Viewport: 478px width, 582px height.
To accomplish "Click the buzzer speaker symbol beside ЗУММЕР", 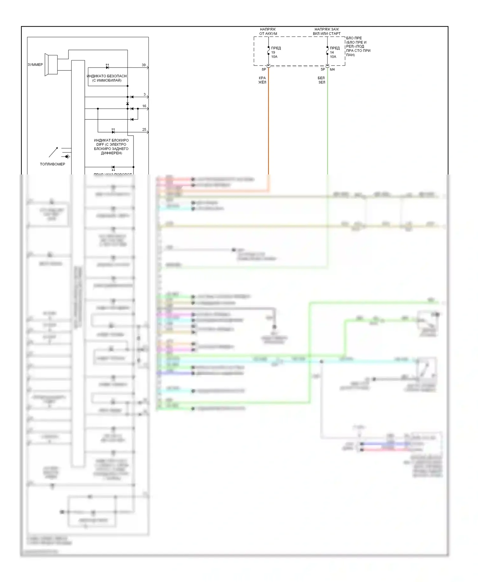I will tap(51, 65).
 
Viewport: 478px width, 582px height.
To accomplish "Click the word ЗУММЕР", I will tap(35, 65).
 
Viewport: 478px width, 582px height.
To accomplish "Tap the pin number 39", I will tap(144, 65).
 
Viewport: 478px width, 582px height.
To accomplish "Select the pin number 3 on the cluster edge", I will tap(144, 95).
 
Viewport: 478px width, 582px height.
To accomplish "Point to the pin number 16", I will tap(144, 106).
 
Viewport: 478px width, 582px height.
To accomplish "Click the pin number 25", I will tap(144, 130).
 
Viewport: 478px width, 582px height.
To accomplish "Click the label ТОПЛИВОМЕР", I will tap(53, 164).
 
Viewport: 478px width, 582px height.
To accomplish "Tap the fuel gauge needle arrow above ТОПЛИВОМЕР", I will tap(53, 152).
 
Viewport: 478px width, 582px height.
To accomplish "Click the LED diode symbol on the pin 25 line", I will tap(113, 131).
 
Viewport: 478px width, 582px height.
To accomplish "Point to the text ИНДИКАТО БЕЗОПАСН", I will tap(107, 76).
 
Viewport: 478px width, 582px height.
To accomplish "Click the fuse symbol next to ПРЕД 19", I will tap(268, 51).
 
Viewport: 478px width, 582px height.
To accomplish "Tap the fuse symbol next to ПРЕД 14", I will tap(327, 51).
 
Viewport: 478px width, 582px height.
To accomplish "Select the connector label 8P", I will tap(264, 69).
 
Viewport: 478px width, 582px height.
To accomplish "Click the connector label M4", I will tap(332, 69).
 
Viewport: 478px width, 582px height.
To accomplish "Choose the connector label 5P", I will tap(323, 69).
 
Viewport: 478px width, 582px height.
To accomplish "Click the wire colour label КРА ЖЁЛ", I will tap(262, 80).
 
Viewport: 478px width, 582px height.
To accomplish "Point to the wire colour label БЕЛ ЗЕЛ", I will tap(321, 80).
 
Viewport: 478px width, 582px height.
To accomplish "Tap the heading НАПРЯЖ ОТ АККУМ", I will tap(268, 32).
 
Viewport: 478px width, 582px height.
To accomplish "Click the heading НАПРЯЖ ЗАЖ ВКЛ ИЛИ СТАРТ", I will tap(327, 32).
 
